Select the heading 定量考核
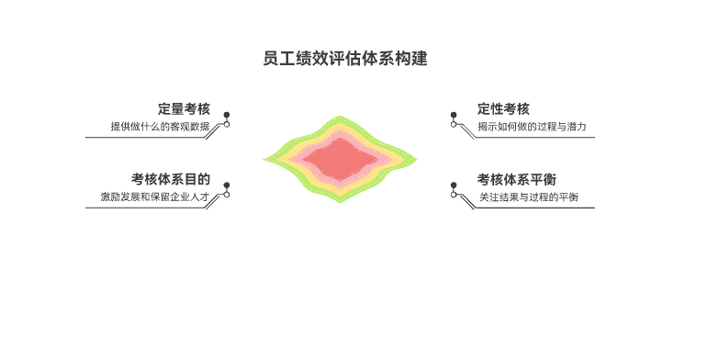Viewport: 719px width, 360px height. click(x=184, y=108)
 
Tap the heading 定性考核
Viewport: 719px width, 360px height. click(x=503, y=108)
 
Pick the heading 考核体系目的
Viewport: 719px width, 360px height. click(x=170, y=179)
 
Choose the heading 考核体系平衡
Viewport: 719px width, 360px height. click(x=516, y=179)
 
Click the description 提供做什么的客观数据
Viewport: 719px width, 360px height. click(x=160, y=127)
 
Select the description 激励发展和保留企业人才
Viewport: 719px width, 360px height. click(x=155, y=197)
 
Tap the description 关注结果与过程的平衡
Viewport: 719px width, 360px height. click(x=528, y=197)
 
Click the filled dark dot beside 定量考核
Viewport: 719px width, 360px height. click(x=227, y=116)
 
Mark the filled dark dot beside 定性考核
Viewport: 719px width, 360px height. click(x=453, y=116)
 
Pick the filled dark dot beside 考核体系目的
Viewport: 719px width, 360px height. click(x=227, y=186)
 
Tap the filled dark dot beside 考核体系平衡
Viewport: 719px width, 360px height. click(x=453, y=186)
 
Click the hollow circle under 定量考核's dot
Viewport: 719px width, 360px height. click(x=227, y=124)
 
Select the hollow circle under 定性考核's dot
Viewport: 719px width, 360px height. click(x=453, y=124)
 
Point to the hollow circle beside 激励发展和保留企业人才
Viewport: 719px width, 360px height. click(x=227, y=194)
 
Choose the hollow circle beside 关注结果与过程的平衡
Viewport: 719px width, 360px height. click(x=453, y=194)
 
